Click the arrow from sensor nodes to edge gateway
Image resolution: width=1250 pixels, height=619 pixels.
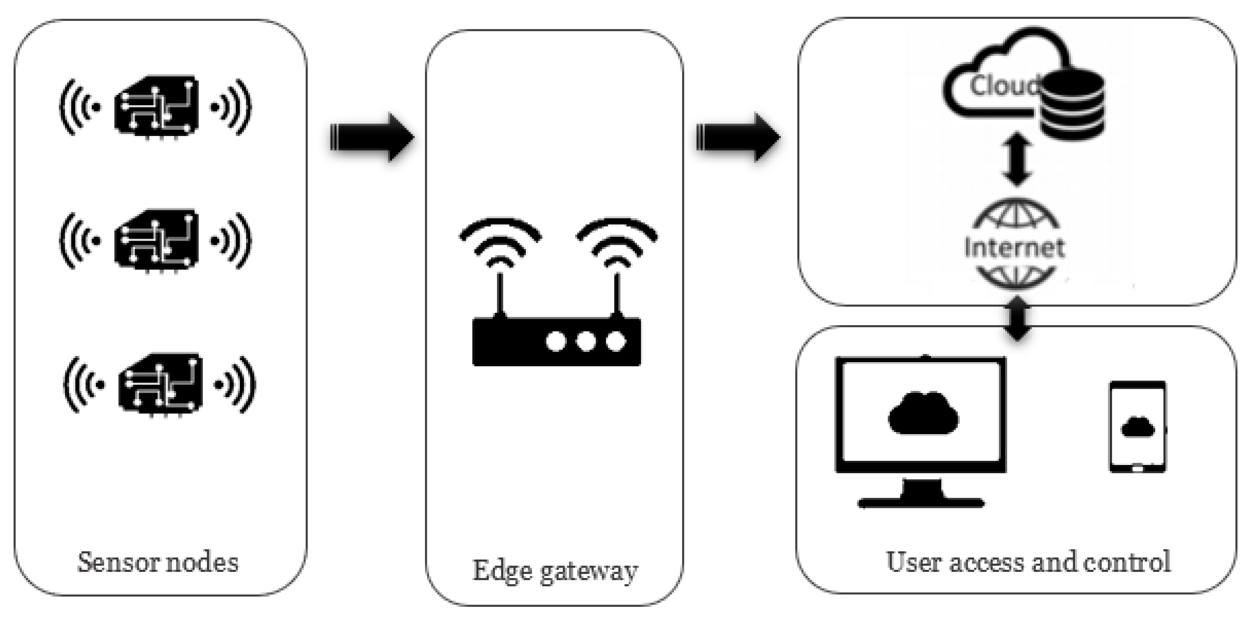tap(371, 138)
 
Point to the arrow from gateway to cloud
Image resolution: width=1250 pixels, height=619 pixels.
tap(737, 138)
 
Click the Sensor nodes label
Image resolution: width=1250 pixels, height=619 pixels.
tap(158, 563)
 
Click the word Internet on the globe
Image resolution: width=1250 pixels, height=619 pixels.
tap(1014, 247)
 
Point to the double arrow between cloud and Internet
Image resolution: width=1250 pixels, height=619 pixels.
tap(1017, 160)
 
